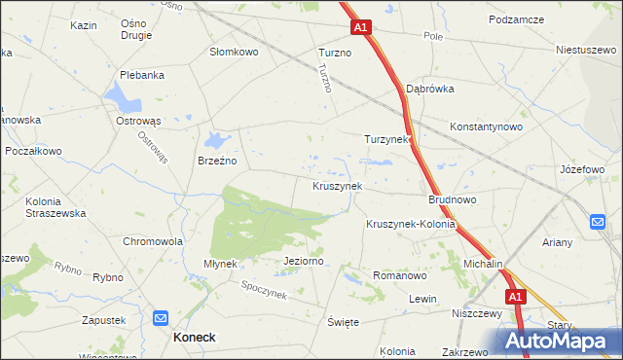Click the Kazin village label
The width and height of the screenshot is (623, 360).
84,24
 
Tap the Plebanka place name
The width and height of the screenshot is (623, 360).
139,74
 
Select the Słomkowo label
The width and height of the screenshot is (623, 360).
235,52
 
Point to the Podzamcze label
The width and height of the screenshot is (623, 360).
515,18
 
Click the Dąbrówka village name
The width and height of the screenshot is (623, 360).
430,88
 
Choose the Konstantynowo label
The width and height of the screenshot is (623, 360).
487,126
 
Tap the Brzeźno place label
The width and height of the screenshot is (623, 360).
218,161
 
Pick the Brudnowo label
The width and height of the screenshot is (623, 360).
452,199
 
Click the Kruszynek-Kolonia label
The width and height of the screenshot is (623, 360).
411,224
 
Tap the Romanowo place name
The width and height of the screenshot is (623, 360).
400,275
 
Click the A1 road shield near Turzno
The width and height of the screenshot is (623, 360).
360,28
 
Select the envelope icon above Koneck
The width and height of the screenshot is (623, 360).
162,317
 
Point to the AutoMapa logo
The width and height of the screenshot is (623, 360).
557,341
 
